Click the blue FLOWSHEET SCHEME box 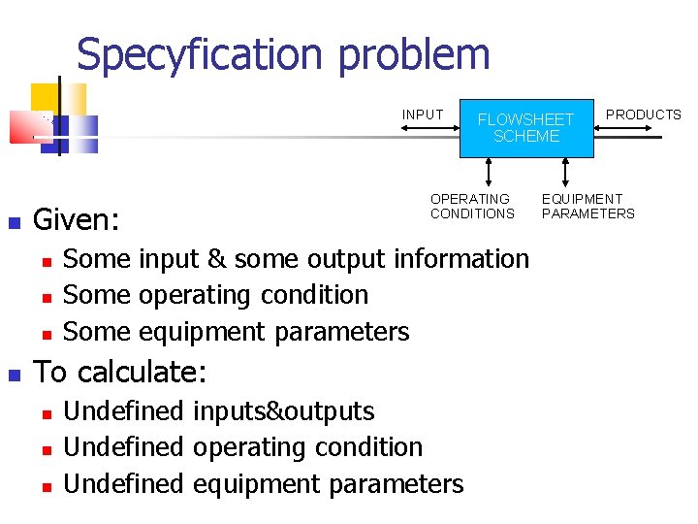click(x=525, y=127)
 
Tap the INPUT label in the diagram click(x=423, y=115)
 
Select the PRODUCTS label click(x=643, y=115)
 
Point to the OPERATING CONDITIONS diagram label click(x=472, y=206)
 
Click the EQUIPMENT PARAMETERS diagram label click(x=587, y=206)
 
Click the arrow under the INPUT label click(x=432, y=127)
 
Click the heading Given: click(x=77, y=220)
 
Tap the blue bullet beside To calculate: click(x=14, y=373)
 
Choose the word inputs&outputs click(x=283, y=411)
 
